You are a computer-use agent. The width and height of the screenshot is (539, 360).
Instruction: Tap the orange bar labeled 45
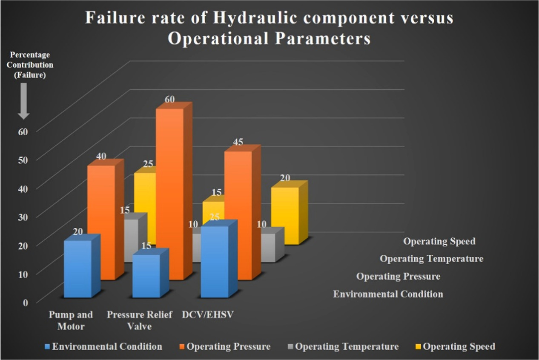[238, 213]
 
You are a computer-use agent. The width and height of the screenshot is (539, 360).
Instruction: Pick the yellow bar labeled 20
[285, 215]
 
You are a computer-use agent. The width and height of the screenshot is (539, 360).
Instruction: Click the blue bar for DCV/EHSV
[215, 262]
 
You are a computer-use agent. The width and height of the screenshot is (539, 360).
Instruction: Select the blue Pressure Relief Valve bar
[146, 276]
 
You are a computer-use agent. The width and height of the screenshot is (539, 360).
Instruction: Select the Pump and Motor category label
[71, 320]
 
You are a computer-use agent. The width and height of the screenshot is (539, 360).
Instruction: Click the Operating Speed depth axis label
[439, 241]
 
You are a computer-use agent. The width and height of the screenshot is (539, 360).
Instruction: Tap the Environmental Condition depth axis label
[387, 294]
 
